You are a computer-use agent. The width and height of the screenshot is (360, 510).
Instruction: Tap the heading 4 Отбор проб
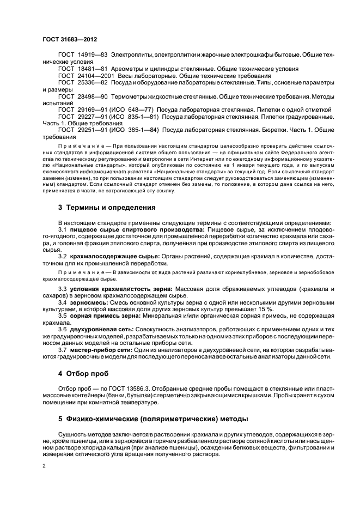(83, 374)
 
